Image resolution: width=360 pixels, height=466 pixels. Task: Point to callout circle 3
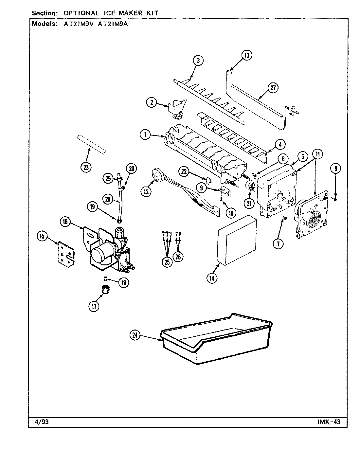tap(198, 60)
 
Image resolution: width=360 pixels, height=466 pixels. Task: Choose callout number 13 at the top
tap(246, 55)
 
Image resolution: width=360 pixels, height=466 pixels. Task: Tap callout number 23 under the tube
tap(86, 167)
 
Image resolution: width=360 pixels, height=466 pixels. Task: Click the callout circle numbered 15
tap(43, 236)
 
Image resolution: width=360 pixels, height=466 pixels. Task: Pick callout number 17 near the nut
tap(94, 306)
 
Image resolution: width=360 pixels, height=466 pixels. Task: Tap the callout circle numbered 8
tap(335, 169)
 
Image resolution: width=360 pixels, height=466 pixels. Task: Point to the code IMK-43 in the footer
tap(329, 422)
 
